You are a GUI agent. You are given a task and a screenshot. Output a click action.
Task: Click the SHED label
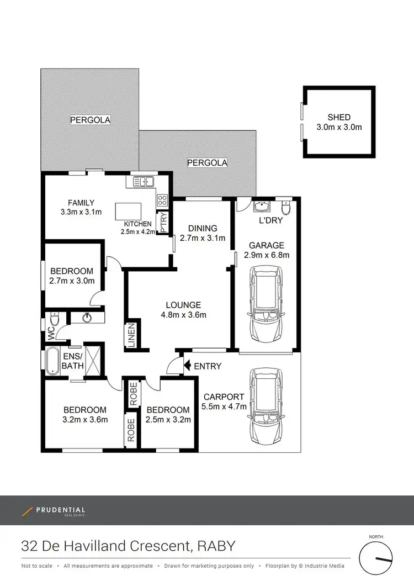click(x=339, y=117)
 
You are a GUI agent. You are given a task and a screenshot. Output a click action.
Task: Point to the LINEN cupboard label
click(x=131, y=335)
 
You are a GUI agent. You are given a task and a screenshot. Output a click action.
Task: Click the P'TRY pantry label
click(x=163, y=221)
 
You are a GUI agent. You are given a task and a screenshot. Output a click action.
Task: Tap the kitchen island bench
click(x=128, y=212)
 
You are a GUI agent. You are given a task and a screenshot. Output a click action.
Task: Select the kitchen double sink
click(x=142, y=181)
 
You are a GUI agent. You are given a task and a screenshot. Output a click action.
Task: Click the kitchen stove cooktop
click(x=162, y=200)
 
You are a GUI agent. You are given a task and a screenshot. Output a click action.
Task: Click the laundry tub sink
click(x=260, y=207)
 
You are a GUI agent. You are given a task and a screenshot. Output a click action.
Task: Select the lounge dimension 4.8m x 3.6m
click(x=183, y=315)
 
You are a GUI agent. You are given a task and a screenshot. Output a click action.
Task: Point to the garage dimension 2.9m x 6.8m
click(x=267, y=255)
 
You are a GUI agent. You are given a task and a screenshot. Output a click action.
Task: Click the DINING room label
click(x=202, y=228)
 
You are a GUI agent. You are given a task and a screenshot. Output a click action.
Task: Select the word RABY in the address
click(x=216, y=546)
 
